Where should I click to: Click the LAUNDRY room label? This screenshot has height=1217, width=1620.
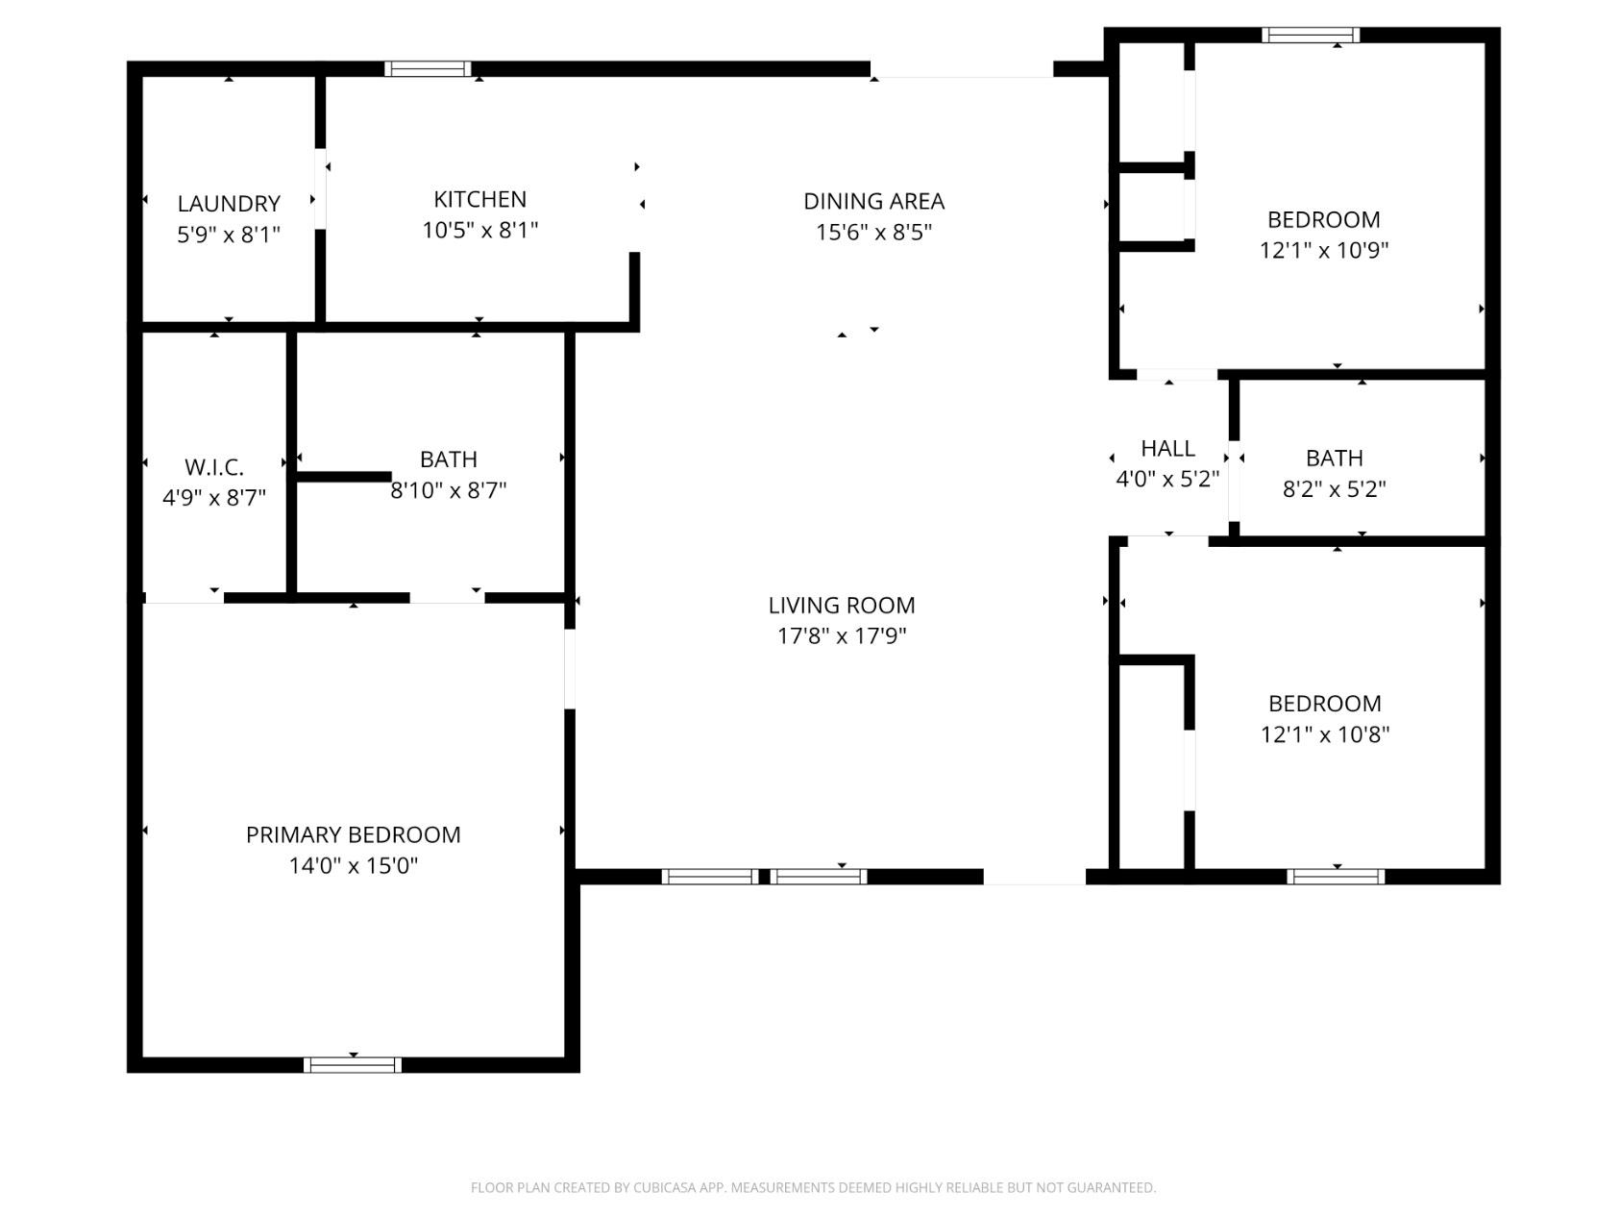tap(229, 204)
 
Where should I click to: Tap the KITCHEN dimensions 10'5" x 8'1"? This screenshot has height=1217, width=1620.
tap(479, 231)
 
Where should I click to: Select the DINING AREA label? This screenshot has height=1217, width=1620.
tap(873, 201)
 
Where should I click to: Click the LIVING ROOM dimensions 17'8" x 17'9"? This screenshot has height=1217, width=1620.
tap(841, 635)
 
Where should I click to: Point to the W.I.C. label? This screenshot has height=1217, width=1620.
tap(213, 467)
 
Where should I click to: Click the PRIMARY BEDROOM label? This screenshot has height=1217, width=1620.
tap(353, 834)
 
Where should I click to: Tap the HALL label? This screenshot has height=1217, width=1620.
tap(1167, 448)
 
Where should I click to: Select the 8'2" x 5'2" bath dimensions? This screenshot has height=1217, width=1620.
tap(1334, 489)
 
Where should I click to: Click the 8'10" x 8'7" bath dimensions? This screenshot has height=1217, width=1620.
tap(448, 490)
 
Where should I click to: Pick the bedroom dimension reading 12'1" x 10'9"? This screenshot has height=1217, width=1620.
tap(1323, 250)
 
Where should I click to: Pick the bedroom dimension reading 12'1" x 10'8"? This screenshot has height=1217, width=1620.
tap(1324, 734)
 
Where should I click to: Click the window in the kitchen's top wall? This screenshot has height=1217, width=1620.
tap(428, 68)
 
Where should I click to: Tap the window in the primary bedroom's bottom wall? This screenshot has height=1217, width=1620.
tap(352, 1064)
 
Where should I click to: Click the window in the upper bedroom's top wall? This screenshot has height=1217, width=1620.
tap(1311, 36)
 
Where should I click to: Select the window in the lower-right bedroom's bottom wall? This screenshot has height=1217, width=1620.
tap(1336, 876)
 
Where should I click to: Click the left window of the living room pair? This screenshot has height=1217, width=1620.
tap(709, 876)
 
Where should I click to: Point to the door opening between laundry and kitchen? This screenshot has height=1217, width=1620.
tap(320, 188)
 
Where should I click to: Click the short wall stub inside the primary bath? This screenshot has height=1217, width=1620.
tap(343, 476)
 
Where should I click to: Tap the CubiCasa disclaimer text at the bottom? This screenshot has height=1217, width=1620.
tap(813, 1187)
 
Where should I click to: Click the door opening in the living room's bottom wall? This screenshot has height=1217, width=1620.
tap(1034, 877)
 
